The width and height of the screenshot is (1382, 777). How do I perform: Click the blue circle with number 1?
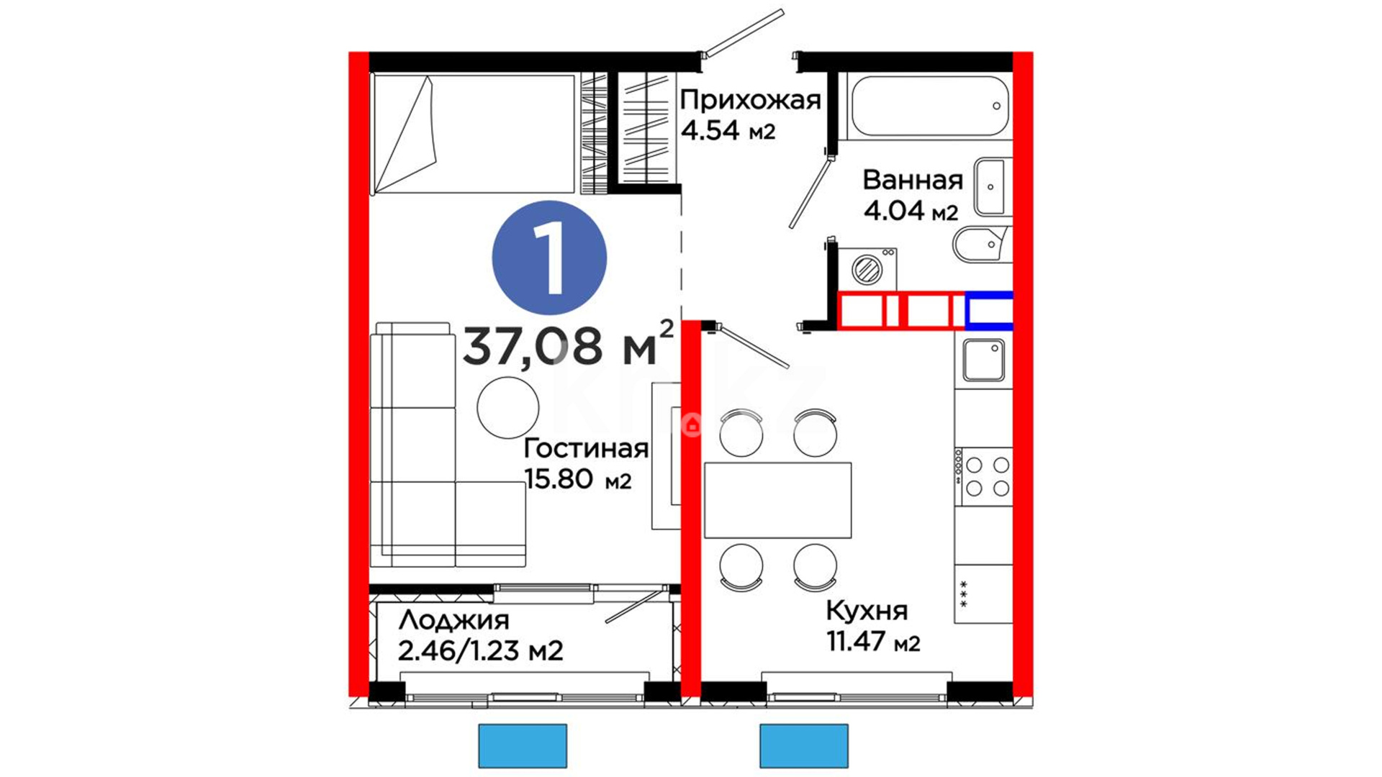point(549,258)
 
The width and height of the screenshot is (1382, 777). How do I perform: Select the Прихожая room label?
point(750,100)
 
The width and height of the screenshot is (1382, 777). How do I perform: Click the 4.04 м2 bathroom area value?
point(911,211)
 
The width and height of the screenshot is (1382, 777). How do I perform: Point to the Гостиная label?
point(586,448)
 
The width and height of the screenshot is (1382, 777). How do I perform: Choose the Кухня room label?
point(867,611)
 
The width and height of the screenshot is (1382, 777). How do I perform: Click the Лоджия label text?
point(453,620)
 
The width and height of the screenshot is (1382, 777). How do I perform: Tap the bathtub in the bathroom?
point(929,106)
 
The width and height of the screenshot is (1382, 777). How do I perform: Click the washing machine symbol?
point(867,268)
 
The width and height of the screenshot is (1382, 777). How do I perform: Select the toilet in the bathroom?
point(982,245)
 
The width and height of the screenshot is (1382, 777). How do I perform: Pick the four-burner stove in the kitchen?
point(984,476)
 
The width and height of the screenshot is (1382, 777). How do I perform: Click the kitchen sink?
point(983,360)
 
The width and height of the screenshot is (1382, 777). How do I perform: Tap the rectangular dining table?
point(777,500)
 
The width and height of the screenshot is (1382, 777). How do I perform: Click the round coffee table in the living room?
point(508,407)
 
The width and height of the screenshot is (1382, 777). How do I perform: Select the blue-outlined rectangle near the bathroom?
point(989,311)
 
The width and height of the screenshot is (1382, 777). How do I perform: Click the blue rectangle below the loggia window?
point(523,746)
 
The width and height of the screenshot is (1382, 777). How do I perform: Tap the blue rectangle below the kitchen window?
point(804,746)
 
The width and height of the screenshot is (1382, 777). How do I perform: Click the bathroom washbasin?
point(992,186)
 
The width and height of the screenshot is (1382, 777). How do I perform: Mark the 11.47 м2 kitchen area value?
point(873,641)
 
